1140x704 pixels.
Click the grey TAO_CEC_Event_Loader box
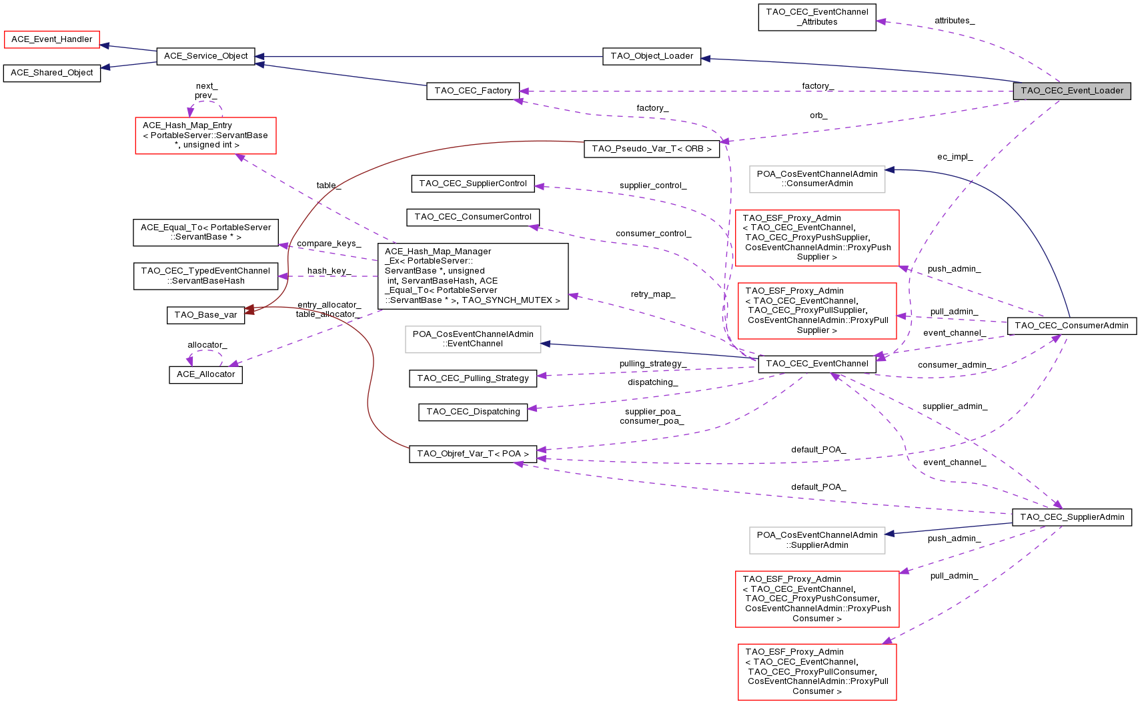click(1071, 91)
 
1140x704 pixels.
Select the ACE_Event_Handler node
click(52, 39)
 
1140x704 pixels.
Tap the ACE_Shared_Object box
click(52, 73)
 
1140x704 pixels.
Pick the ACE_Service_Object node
click(205, 56)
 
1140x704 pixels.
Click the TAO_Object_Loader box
click(652, 56)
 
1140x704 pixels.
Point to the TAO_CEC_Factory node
click(472, 91)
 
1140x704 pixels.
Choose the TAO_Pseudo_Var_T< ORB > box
click(652, 149)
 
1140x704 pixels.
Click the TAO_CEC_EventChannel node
click(816, 364)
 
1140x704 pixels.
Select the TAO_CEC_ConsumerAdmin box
click(1071, 326)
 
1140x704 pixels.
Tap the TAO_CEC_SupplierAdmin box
click(1071, 517)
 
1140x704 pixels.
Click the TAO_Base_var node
click(205, 315)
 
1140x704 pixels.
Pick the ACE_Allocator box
click(205, 374)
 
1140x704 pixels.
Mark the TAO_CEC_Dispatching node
click(473, 412)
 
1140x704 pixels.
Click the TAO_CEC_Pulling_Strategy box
click(473, 378)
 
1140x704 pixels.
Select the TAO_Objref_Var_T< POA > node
click(473, 454)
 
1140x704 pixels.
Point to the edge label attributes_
click(954, 21)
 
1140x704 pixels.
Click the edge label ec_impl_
click(955, 157)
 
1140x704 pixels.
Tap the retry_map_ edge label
click(652, 294)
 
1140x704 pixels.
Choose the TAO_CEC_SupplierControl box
click(473, 184)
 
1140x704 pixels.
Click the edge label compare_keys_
click(329, 244)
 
